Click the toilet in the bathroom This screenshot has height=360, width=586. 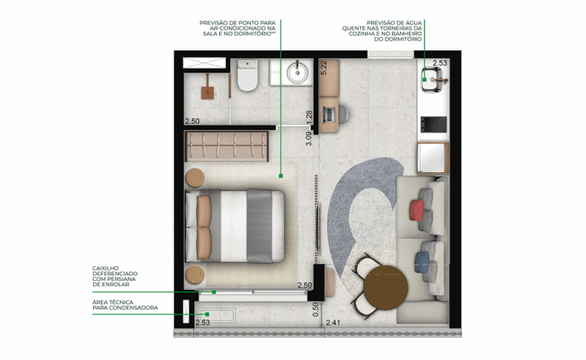point(247,76)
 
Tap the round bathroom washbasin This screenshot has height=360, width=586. point(298,72)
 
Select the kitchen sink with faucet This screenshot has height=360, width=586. point(433,79)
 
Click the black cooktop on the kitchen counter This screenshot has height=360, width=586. point(433,124)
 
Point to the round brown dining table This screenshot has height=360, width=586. point(385,288)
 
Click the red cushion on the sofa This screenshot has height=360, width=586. point(417,210)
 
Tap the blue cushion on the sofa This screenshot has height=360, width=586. point(422,262)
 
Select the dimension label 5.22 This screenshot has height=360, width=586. point(324,68)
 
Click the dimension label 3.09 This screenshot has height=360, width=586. point(309,139)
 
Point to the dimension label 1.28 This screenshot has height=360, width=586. point(309,117)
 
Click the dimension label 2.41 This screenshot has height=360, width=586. point(333,323)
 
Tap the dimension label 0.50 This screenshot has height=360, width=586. point(316,310)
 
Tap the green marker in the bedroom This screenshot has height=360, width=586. point(281,175)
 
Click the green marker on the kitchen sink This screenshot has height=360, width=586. point(424,79)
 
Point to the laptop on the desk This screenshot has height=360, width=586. point(329,114)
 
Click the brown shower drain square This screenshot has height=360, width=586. point(208,92)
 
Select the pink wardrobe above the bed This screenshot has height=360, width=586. point(227,146)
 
